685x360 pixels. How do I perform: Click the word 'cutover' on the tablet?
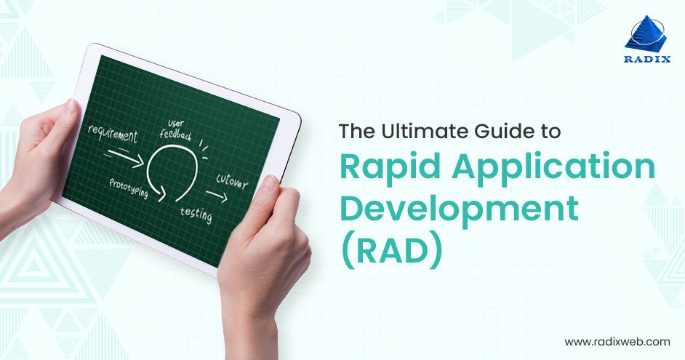pos(232,181)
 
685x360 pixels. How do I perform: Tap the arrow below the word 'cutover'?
pos(215,194)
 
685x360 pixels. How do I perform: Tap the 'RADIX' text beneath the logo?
pos(645,60)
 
